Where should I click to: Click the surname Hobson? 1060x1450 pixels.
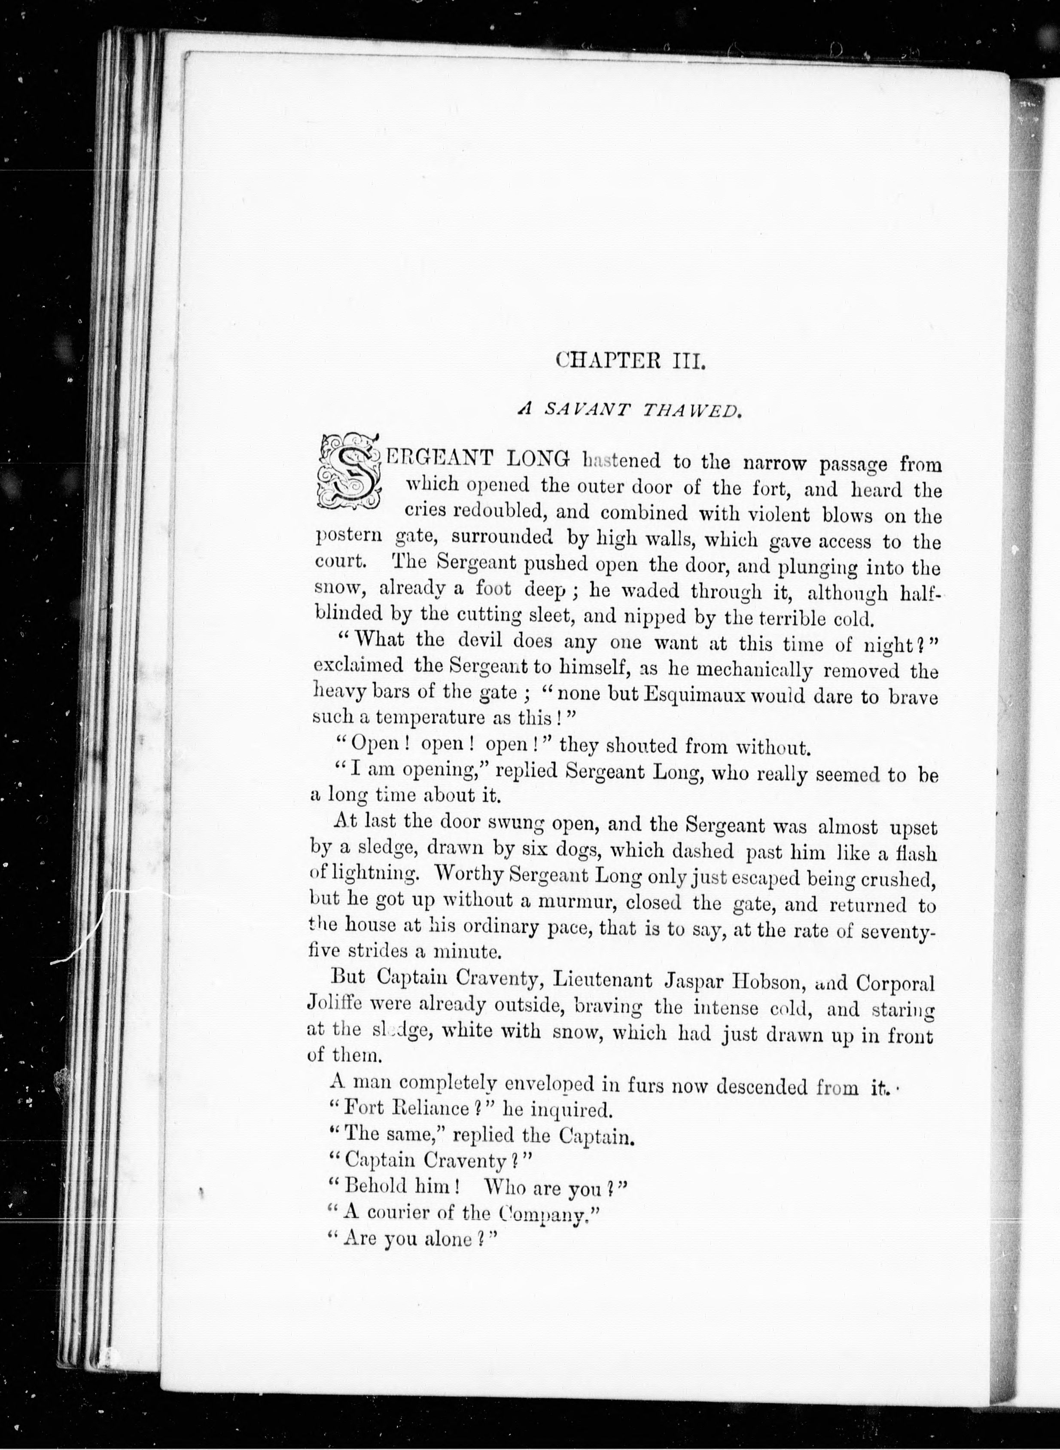click(x=764, y=982)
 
